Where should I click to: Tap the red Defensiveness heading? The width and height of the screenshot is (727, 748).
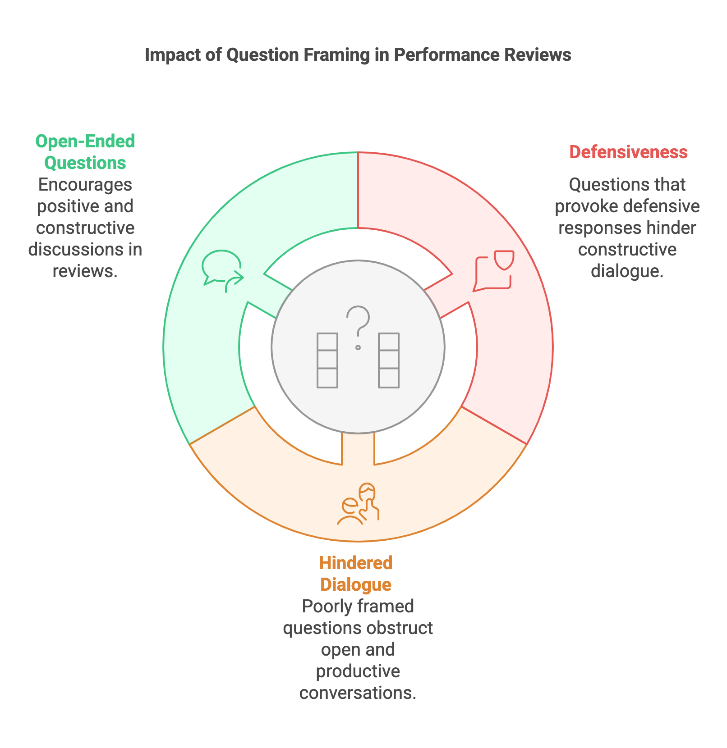pos(628,152)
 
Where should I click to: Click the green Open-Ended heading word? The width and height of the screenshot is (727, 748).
pos(85,141)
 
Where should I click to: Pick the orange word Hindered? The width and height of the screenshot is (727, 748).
pos(356,563)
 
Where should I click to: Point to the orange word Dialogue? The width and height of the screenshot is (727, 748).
pos(356,584)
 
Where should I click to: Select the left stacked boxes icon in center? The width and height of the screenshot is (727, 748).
pos(327,360)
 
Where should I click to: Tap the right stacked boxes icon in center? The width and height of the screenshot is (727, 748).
pos(389,360)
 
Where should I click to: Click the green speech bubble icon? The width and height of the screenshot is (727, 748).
pos(222,270)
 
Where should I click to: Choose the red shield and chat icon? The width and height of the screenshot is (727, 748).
pos(494,270)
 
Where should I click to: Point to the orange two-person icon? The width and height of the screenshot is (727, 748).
pos(359,504)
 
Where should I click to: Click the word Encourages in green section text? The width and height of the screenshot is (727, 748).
pos(85,185)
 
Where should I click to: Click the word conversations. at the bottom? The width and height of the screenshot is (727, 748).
pos(358,693)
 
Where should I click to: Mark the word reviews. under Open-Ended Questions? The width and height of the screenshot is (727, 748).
pos(85,271)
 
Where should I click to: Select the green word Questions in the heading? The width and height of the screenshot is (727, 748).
pos(85,163)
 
